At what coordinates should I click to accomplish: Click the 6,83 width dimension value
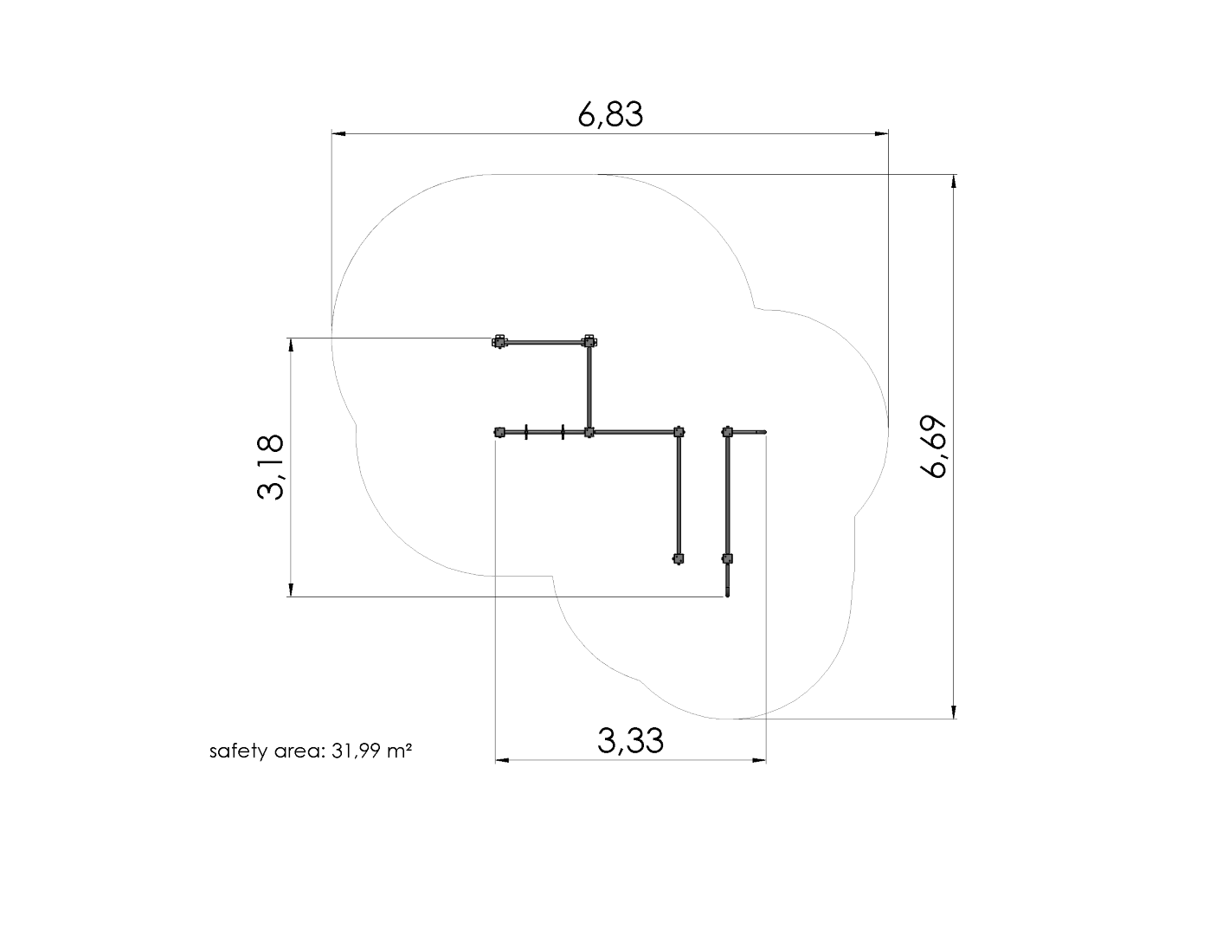click(610, 114)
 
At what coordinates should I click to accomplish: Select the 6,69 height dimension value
click(935, 448)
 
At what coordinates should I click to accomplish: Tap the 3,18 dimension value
click(270, 467)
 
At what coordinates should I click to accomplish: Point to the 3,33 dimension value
click(630, 741)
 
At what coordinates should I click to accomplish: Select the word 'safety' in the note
click(238, 751)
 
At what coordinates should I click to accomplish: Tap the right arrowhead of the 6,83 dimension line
click(882, 134)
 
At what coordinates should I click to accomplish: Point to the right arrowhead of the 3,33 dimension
click(760, 761)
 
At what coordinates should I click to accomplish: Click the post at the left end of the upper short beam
click(499, 342)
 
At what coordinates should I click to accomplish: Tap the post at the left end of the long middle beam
click(499, 432)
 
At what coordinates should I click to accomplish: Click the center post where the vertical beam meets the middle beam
click(589, 432)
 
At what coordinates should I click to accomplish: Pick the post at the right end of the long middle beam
click(679, 431)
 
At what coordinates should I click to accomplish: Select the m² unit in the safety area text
click(398, 751)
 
